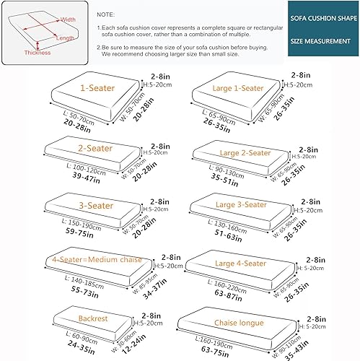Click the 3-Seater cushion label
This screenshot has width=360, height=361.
coord(96,206)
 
